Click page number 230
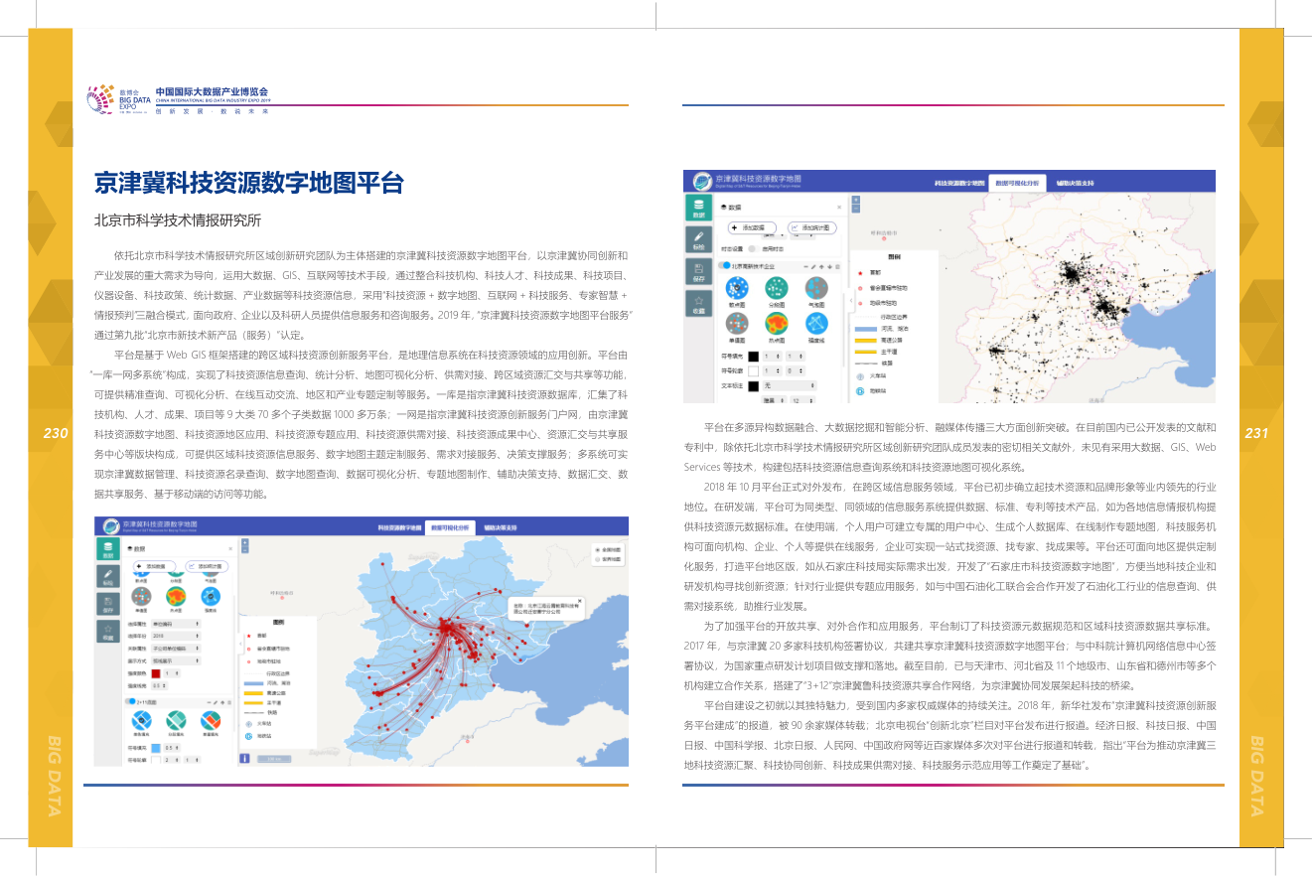pos(56,433)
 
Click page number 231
pos(1256,433)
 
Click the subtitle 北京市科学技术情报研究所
pos(177,220)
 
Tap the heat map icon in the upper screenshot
pos(777,323)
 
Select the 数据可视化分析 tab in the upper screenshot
pos(1018,184)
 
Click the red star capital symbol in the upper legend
pos(858,271)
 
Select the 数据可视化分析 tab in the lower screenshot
pos(451,529)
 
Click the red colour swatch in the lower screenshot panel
pos(155,672)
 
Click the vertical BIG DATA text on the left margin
pos(56,775)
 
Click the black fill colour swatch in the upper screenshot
pos(753,356)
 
